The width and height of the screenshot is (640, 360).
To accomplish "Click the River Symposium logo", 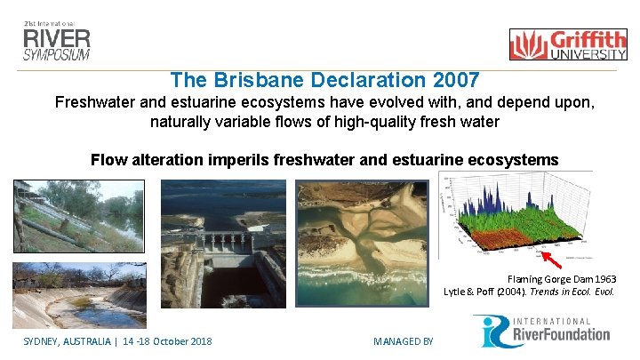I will click(57, 40).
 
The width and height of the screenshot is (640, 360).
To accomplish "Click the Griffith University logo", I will click(567, 44).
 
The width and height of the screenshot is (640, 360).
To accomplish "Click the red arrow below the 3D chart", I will click(553, 260).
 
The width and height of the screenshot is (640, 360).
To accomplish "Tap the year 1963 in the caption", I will click(603, 279).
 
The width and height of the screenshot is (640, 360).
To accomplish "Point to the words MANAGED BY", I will click(403, 341).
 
